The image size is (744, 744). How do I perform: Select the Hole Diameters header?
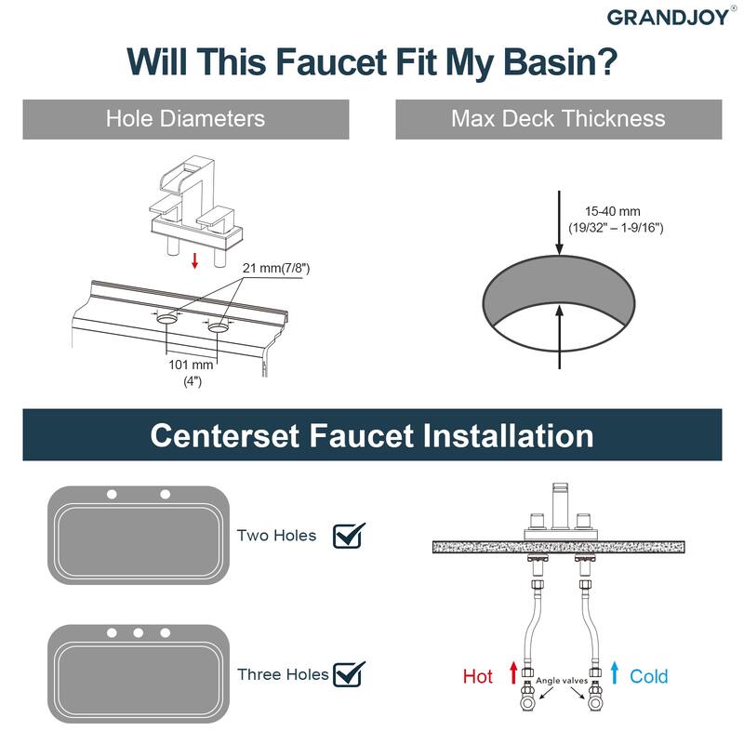185,119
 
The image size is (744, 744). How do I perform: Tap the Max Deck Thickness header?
558,119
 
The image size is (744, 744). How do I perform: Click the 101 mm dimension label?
191,365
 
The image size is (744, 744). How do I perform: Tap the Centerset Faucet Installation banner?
372,435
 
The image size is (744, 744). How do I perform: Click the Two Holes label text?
276,536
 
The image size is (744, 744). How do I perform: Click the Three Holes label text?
283,674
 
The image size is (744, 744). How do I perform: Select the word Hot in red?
478,676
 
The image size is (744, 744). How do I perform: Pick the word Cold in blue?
648,676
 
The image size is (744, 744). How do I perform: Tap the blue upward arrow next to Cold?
615,671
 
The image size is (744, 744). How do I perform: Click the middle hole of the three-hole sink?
138,632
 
